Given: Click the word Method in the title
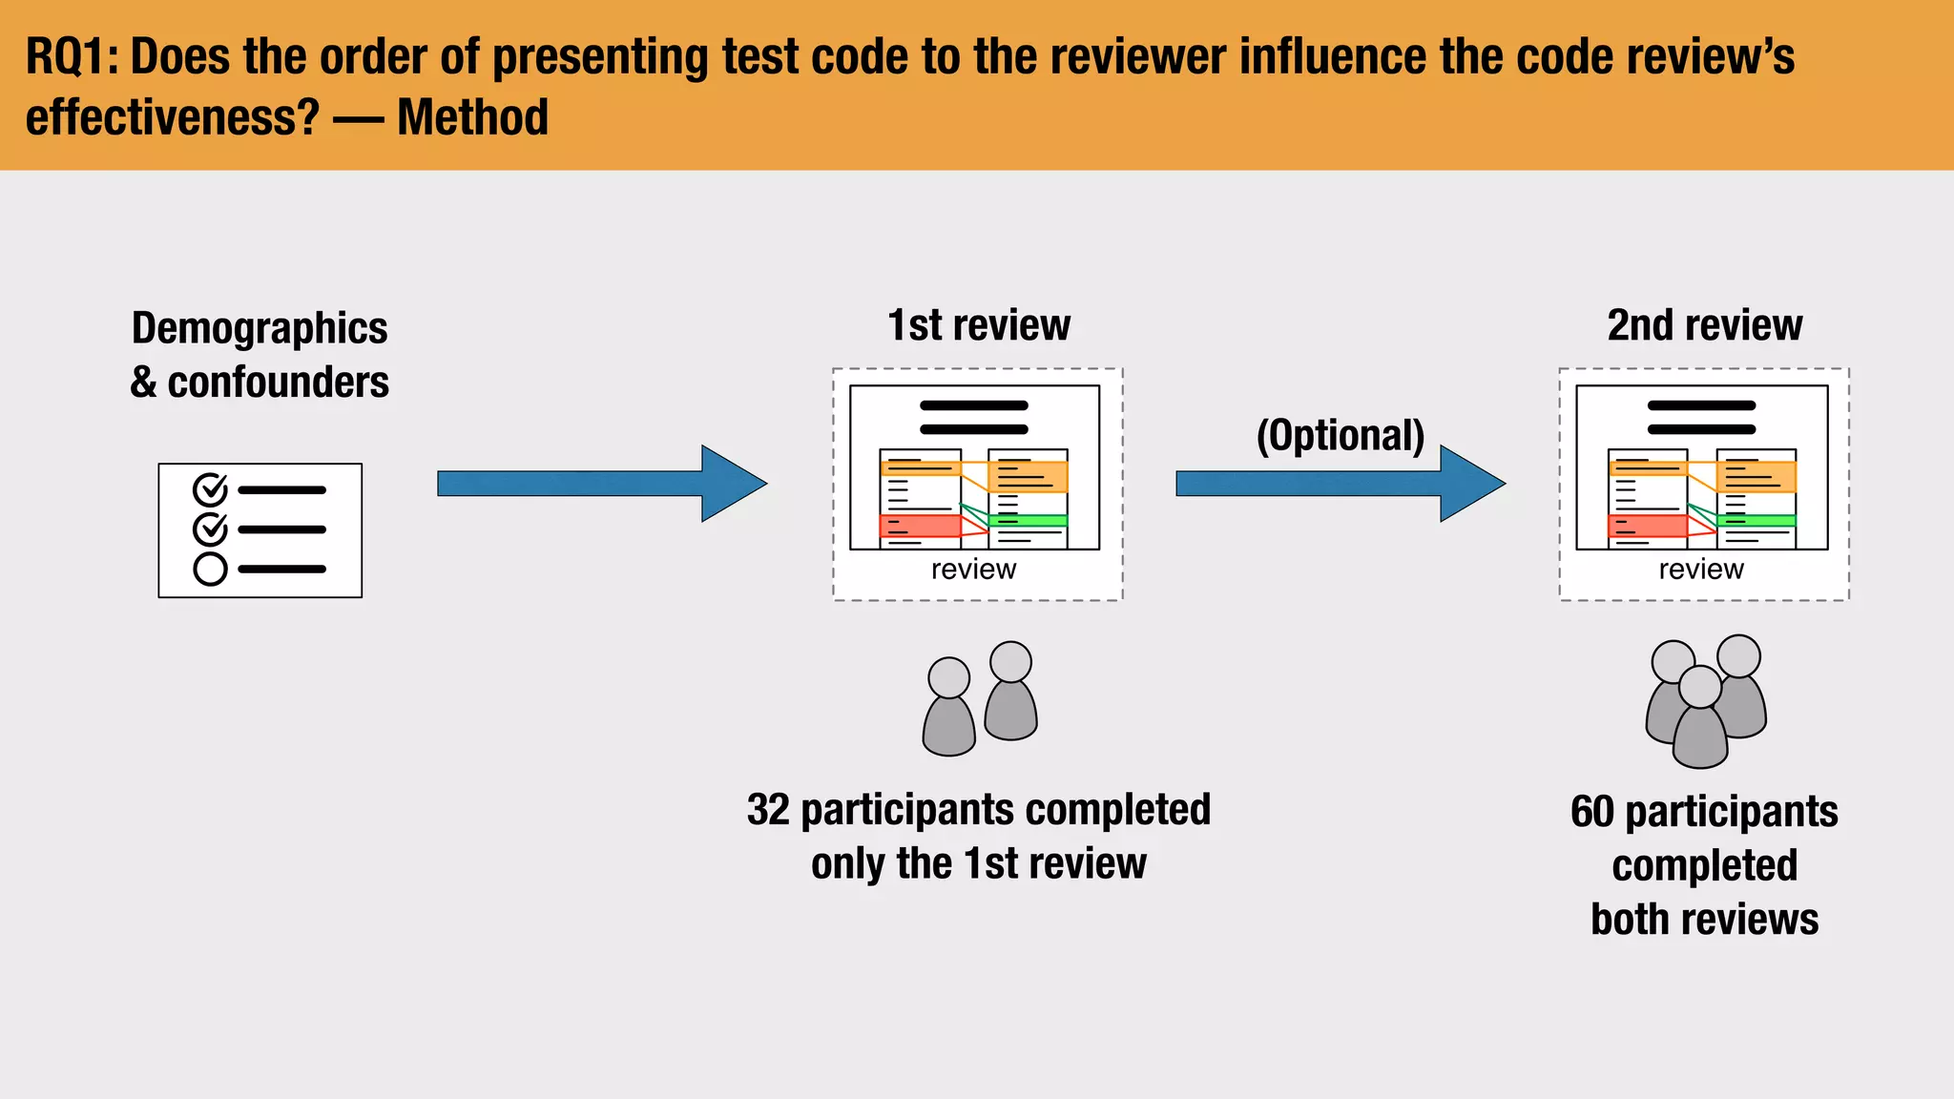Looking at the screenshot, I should (472, 117).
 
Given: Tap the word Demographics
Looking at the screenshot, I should (260, 328).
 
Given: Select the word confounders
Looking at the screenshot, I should (278, 383).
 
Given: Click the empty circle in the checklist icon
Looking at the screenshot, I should (210, 570).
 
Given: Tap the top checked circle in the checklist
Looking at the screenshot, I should (210, 489).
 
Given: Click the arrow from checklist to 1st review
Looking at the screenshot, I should (601, 484).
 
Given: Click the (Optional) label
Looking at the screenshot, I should (1340, 435).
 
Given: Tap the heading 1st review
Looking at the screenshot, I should (978, 325).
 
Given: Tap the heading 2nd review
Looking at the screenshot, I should (1704, 325).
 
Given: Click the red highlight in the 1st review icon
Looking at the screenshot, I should (918, 526).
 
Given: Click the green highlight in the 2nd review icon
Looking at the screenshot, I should (1756, 521).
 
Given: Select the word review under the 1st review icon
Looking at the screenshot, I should (973, 570).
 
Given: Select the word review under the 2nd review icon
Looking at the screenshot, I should (1700, 570).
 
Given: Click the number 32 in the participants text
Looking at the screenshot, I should (768, 810).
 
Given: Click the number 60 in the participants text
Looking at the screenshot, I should (1591, 812).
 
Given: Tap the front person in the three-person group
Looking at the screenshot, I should (1700, 725).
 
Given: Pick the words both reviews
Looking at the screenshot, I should (1704, 920).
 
